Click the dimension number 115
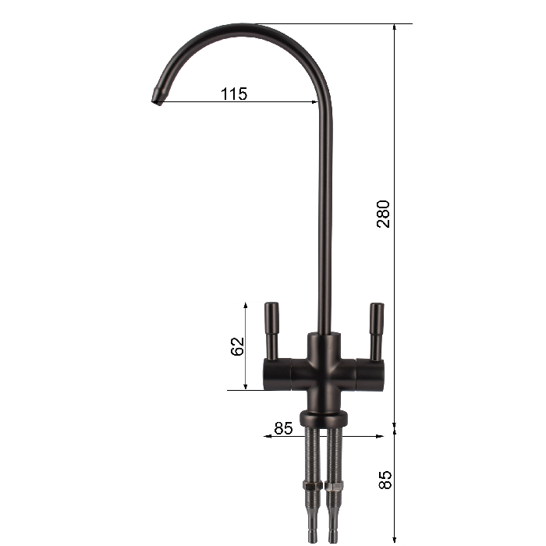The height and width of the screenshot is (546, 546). [234, 94]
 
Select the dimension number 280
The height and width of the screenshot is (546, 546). [383, 214]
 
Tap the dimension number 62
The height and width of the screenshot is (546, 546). [237, 346]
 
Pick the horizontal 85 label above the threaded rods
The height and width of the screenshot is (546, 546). [283, 428]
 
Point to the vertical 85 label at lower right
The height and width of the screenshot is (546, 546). [385, 480]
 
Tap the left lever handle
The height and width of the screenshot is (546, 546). [271, 331]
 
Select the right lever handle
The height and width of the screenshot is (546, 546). [377, 331]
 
